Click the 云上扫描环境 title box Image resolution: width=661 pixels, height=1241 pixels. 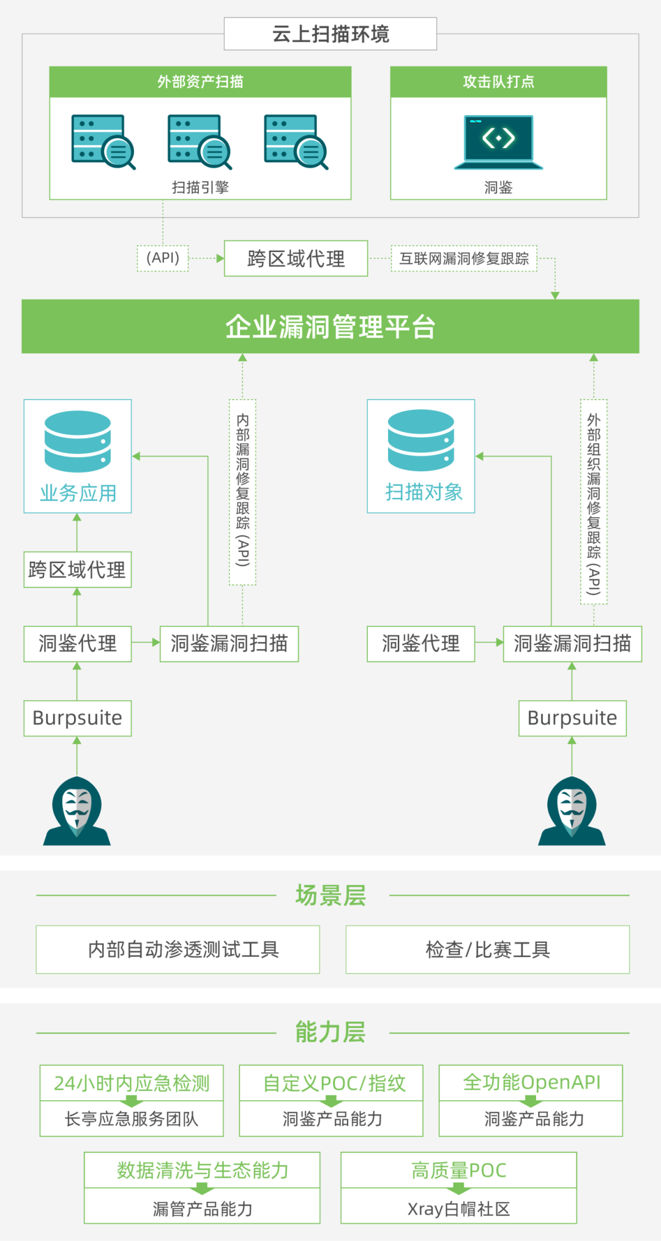(330, 34)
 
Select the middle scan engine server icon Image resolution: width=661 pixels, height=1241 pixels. (200, 141)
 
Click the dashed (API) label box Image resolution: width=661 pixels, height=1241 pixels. (163, 258)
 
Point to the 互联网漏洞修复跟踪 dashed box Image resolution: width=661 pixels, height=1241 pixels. (464, 258)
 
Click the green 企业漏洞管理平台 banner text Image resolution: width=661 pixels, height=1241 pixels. (330, 327)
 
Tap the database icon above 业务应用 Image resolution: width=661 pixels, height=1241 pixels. (78, 441)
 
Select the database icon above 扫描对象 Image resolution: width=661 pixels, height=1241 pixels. (421, 441)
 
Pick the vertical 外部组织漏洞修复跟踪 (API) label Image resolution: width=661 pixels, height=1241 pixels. (593, 502)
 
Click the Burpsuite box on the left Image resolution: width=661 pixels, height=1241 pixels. (78, 718)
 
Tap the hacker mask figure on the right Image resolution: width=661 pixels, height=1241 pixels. (572, 811)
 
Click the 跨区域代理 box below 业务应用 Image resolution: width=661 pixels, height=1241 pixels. (78, 570)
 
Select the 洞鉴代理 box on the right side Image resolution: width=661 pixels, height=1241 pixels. (421, 644)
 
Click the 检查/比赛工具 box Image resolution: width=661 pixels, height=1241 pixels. (488, 949)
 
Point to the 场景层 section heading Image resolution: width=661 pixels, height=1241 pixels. (330, 895)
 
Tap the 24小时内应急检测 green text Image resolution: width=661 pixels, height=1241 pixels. (132, 1083)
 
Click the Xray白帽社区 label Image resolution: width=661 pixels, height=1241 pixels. (459, 1209)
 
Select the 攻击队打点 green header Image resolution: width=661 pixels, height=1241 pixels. (498, 81)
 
